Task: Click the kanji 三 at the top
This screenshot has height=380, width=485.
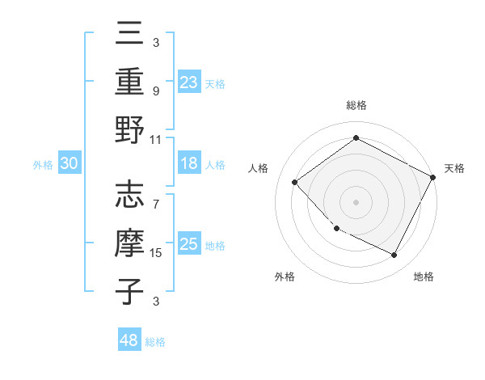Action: [x=129, y=34]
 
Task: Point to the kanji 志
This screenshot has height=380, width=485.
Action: [x=129, y=195]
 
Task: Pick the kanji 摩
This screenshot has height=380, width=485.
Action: [x=129, y=243]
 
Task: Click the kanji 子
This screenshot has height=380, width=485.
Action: [x=129, y=292]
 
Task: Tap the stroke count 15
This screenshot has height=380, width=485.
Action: [x=157, y=253]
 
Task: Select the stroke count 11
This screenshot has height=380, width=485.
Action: [x=157, y=139]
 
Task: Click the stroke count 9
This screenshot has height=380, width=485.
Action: [x=155, y=91]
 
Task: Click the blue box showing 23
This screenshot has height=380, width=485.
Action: [x=189, y=82]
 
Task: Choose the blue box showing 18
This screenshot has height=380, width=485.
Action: [x=189, y=163]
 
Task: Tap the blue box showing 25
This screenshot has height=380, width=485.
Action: [x=189, y=244]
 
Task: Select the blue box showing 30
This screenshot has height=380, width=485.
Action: [x=69, y=163]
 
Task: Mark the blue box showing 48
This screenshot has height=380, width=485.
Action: [x=129, y=340]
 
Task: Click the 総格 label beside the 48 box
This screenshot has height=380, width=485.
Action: [x=155, y=342]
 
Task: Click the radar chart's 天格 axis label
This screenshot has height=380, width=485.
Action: [x=454, y=168]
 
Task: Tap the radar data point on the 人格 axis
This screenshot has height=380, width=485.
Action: [x=295, y=182]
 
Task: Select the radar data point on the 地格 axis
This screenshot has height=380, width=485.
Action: [x=394, y=255]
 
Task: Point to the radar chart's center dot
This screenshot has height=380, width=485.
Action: [x=356, y=201]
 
